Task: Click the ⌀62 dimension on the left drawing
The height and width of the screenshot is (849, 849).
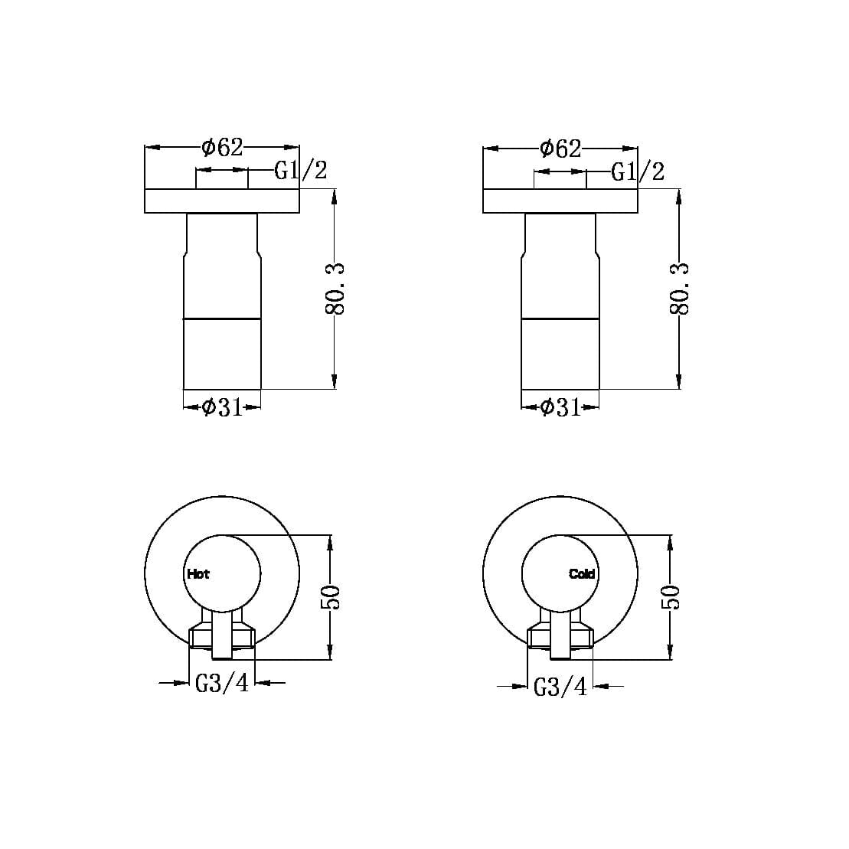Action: (222, 147)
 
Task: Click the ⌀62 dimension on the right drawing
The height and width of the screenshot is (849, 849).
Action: (560, 148)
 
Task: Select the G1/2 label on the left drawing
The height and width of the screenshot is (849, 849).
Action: (301, 171)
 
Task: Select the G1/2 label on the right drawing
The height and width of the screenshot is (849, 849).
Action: (638, 171)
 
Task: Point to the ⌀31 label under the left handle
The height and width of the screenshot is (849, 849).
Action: (222, 407)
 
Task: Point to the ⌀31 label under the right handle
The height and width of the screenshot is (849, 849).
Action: (560, 407)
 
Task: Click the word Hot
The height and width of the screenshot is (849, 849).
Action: (198, 573)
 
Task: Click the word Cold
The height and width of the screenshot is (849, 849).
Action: (582, 573)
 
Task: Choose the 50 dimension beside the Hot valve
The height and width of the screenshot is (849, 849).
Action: (331, 597)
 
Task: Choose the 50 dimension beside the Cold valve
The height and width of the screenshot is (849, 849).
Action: (671, 597)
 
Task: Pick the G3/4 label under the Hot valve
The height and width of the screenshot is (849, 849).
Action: (222, 682)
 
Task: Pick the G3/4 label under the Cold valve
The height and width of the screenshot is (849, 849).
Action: (560, 687)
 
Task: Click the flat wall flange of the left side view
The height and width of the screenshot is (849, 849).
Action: (222, 201)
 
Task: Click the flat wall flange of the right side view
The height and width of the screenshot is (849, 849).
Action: (560, 201)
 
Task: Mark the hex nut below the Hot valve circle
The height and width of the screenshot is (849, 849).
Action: (201, 635)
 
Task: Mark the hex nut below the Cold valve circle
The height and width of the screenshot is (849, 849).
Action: (539, 635)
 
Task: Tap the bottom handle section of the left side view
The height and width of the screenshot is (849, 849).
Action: (222, 353)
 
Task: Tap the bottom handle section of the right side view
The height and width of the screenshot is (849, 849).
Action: (560, 353)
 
